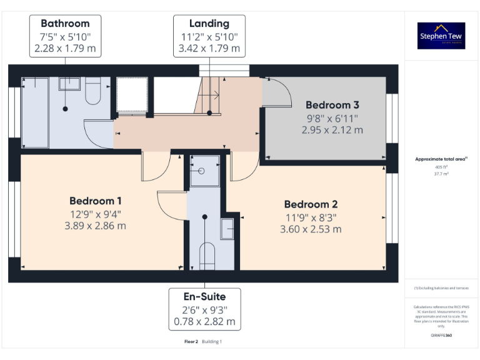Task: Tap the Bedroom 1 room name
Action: point(95,201)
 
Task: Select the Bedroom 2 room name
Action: point(311,204)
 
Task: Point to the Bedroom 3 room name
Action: point(332,105)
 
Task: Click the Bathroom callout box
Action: point(65,36)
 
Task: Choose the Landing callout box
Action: point(209,36)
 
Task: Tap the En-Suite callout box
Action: point(204,309)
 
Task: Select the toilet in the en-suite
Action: point(206,255)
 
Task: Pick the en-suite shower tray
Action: point(204,171)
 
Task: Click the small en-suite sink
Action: point(228,229)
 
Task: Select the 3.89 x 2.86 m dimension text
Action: point(95,225)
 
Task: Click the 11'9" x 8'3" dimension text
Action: point(311,217)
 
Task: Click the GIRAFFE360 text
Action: point(441,336)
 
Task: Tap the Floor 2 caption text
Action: point(191,342)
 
